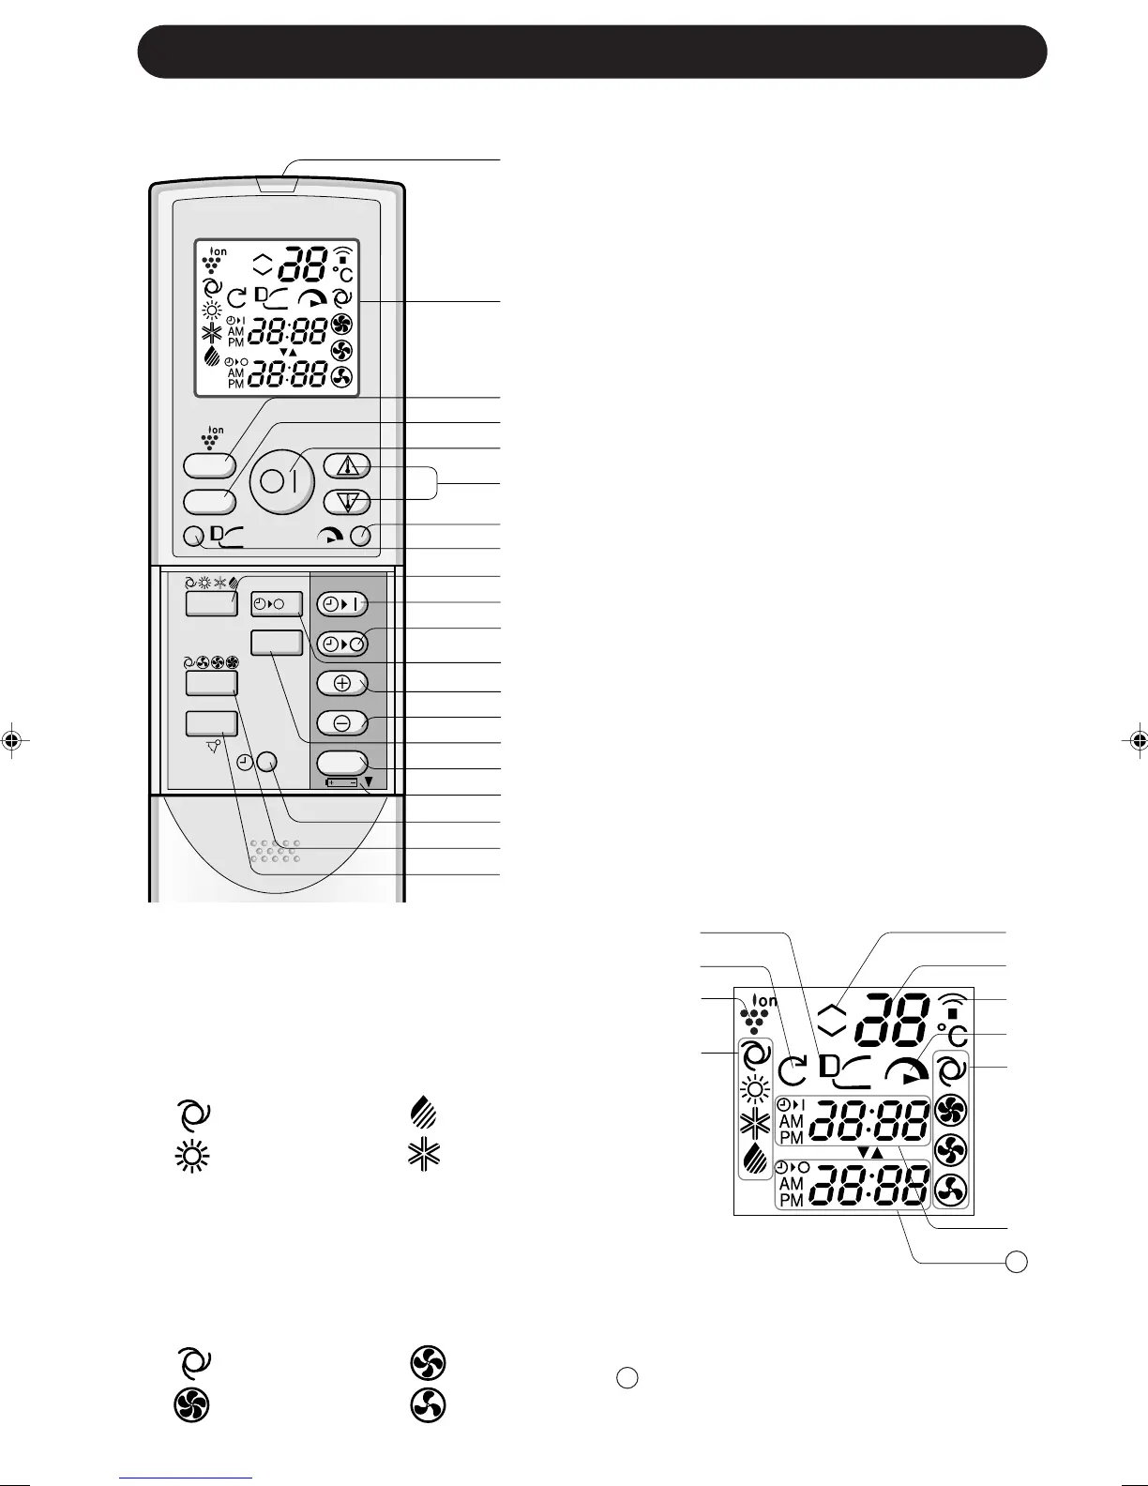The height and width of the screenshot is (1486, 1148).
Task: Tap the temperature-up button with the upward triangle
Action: (x=347, y=465)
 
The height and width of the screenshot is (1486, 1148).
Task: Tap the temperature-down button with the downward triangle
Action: (x=347, y=502)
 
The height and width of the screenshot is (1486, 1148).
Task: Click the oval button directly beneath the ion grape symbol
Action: (x=208, y=464)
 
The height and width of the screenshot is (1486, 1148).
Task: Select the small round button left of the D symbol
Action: (x=195, y=538)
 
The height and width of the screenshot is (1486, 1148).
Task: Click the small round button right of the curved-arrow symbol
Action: (x=359, y=536)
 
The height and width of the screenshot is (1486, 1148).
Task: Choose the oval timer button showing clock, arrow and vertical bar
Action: (x=341, y=603)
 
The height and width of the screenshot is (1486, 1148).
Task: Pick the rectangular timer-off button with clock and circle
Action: (x=276, y=603)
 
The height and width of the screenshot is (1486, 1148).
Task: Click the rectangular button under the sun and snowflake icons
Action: (x=211, y=603)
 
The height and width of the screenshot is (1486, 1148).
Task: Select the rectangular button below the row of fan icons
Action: (x=211, y=683)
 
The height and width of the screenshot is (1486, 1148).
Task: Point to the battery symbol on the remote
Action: (x=341, y=781)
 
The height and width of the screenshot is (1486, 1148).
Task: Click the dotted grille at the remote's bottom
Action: (x=274, y=850)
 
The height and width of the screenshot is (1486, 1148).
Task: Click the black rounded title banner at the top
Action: (x=592, y=52)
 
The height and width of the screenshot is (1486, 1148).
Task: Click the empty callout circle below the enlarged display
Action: (x=1016, y=1262)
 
